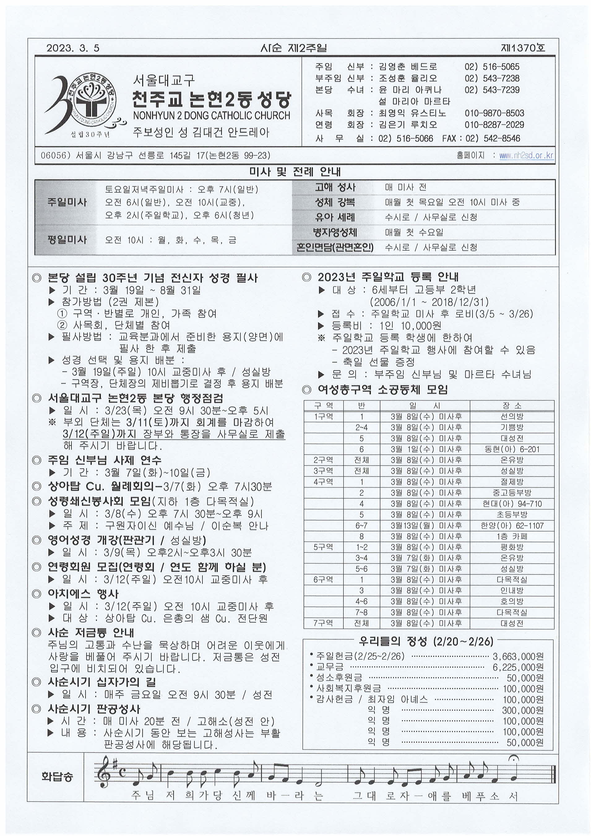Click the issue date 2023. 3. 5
pos(73,48)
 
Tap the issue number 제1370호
pos(523,48)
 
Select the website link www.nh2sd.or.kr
pos(526,156)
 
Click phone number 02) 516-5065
pos(492,67)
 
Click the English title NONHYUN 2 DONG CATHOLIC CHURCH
pos(211,116)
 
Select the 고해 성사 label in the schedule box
pos(335,188)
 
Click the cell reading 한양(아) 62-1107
pos(512,526)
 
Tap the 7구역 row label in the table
pos(323,623)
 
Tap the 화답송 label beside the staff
pos(57,777)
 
